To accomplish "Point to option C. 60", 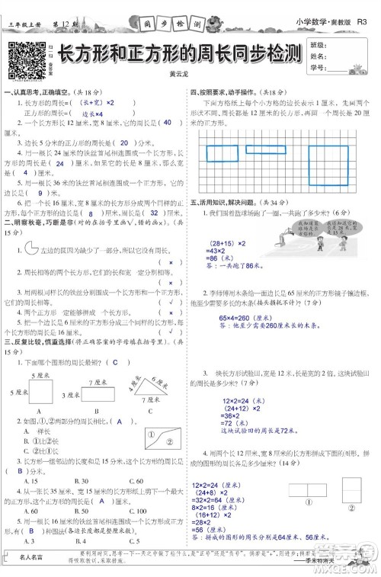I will click(136, 481).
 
